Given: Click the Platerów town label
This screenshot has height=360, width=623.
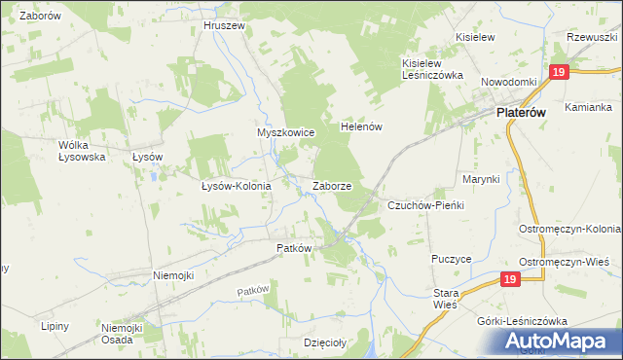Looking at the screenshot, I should coord(521,113).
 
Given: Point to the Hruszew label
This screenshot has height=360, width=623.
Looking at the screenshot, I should coord(223,25).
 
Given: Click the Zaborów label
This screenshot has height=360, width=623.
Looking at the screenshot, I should coord(40,17).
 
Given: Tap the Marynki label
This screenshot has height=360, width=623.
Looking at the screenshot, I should coord(481,179).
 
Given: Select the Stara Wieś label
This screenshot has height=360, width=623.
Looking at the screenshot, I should coord(445,299).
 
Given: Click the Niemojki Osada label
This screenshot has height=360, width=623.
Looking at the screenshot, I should coord(123,334).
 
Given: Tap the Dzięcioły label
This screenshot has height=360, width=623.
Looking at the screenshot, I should coord(325,342).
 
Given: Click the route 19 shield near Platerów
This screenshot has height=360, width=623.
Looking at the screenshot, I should coord(558,74).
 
